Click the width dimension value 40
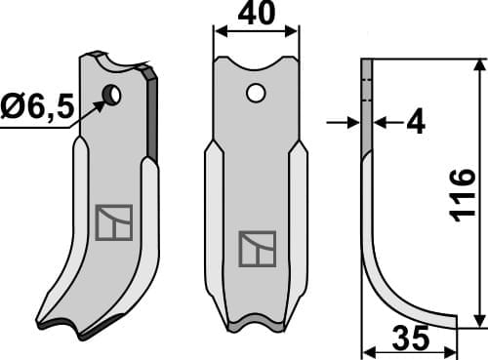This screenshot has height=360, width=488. (255, 17)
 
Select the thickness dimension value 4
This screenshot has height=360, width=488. (416, 123)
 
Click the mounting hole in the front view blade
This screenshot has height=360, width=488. (255, 94)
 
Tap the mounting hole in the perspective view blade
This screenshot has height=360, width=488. (112, 95)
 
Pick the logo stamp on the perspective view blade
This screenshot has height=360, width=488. (113, 222)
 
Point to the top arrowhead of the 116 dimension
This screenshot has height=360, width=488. (479, 64)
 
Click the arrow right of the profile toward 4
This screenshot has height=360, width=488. (382, 122)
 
